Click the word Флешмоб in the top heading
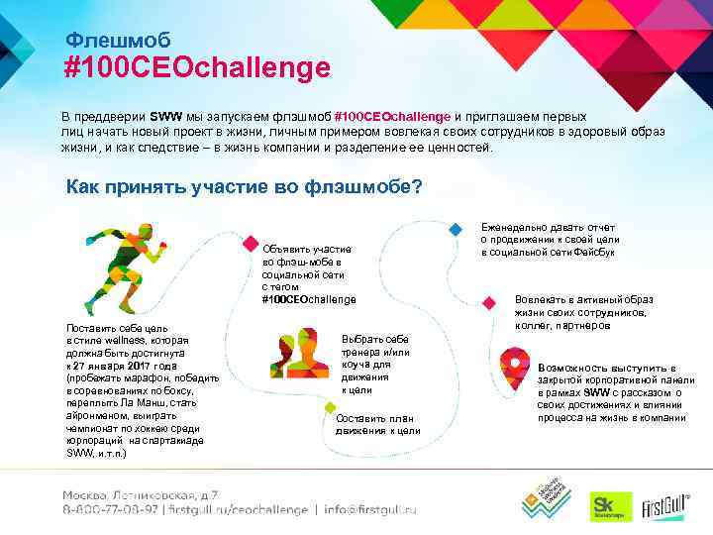(118, 40)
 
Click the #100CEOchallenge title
(196, 68)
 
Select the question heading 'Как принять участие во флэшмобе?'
(244, 185)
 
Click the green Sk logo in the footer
(604, 504)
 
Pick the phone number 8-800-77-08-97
(110, 511)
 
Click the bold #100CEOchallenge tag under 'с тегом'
(308, 299)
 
